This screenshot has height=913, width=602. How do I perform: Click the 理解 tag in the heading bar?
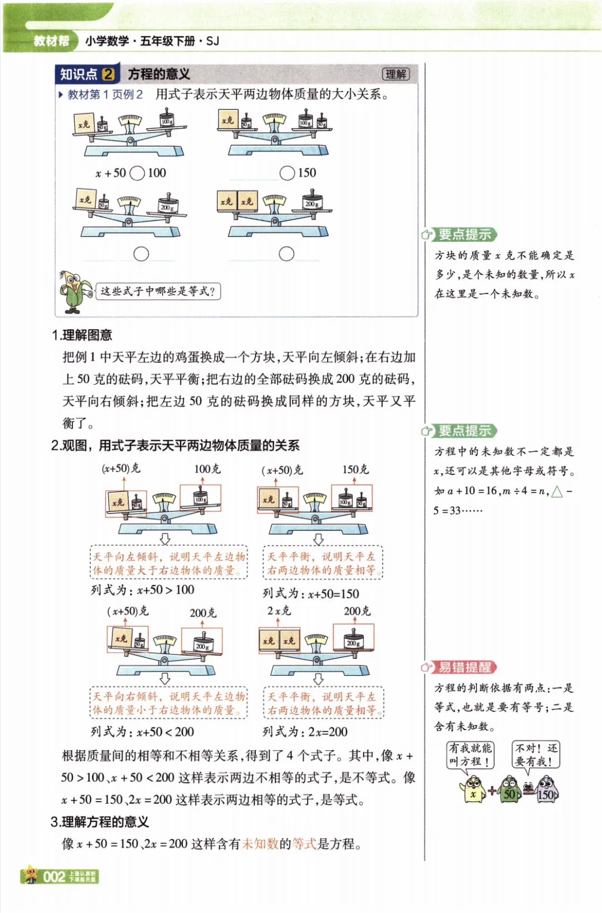396,75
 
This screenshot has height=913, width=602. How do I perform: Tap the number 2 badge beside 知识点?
109,74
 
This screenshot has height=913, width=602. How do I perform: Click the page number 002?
54,877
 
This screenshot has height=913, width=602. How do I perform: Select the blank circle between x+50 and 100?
137,173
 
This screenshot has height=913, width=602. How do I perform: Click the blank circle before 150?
287,173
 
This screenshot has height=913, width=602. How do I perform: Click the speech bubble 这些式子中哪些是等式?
158,291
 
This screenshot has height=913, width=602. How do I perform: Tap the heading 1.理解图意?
82,335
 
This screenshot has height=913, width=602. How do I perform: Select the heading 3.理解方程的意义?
100,822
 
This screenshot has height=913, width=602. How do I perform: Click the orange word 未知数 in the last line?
260,844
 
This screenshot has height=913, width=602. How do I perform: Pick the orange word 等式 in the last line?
304,844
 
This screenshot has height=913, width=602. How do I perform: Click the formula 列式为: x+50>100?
143,590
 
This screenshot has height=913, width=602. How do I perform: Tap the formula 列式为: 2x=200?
305,731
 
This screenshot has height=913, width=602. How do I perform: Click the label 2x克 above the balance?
279,611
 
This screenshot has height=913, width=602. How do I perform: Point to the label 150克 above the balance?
355,470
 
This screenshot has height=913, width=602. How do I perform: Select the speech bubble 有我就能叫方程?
470,755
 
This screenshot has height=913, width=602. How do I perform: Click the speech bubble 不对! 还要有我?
536,755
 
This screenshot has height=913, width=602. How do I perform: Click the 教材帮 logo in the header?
51,41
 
